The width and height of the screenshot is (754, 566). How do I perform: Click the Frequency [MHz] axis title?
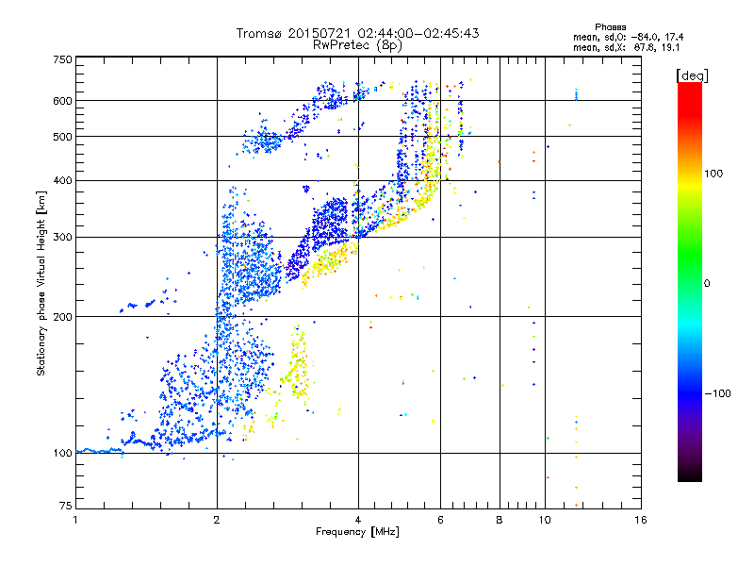coord(357,532)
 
